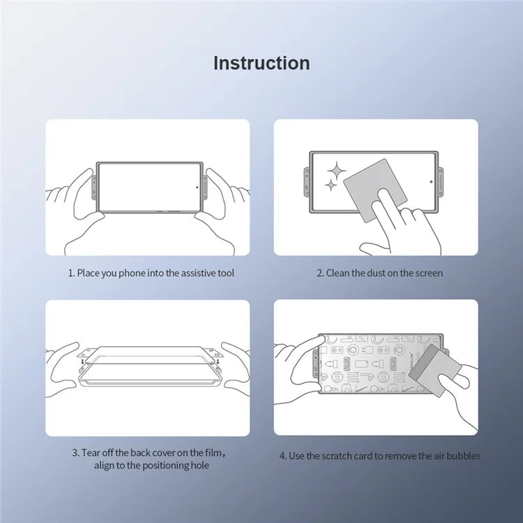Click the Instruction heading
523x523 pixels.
click(261, 63)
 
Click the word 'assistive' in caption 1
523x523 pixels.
click(189, 273)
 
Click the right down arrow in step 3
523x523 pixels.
click(218, 361)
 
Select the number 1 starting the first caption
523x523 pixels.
click(70, 273)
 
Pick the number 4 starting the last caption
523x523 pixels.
click(282, 456)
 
